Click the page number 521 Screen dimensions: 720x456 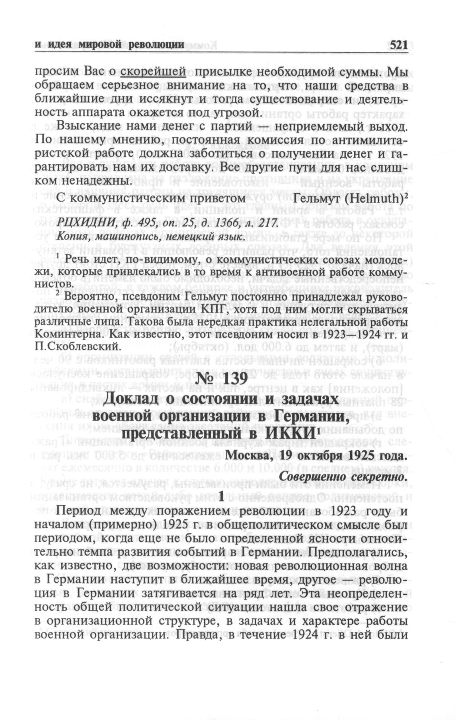[398, 45]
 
